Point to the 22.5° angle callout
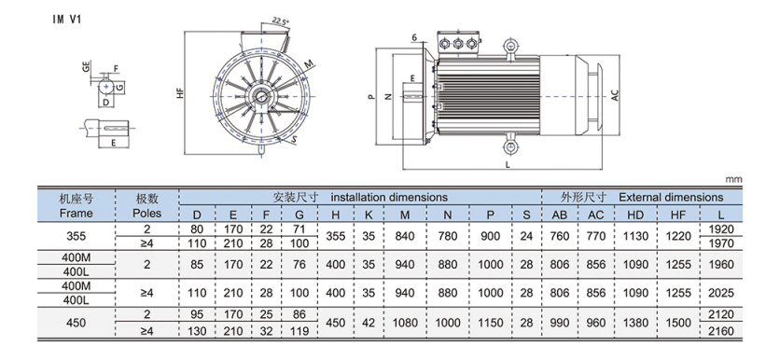[x=281, y=21]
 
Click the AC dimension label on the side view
[x=616, y=96]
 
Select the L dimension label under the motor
[x=508, y=165]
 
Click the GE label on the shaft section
[x=86, y=67]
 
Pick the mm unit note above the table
[x=733, y=180]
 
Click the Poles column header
[x=147, y=214]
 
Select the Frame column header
[x=76, y=214]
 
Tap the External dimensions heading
[x=671, y=198]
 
